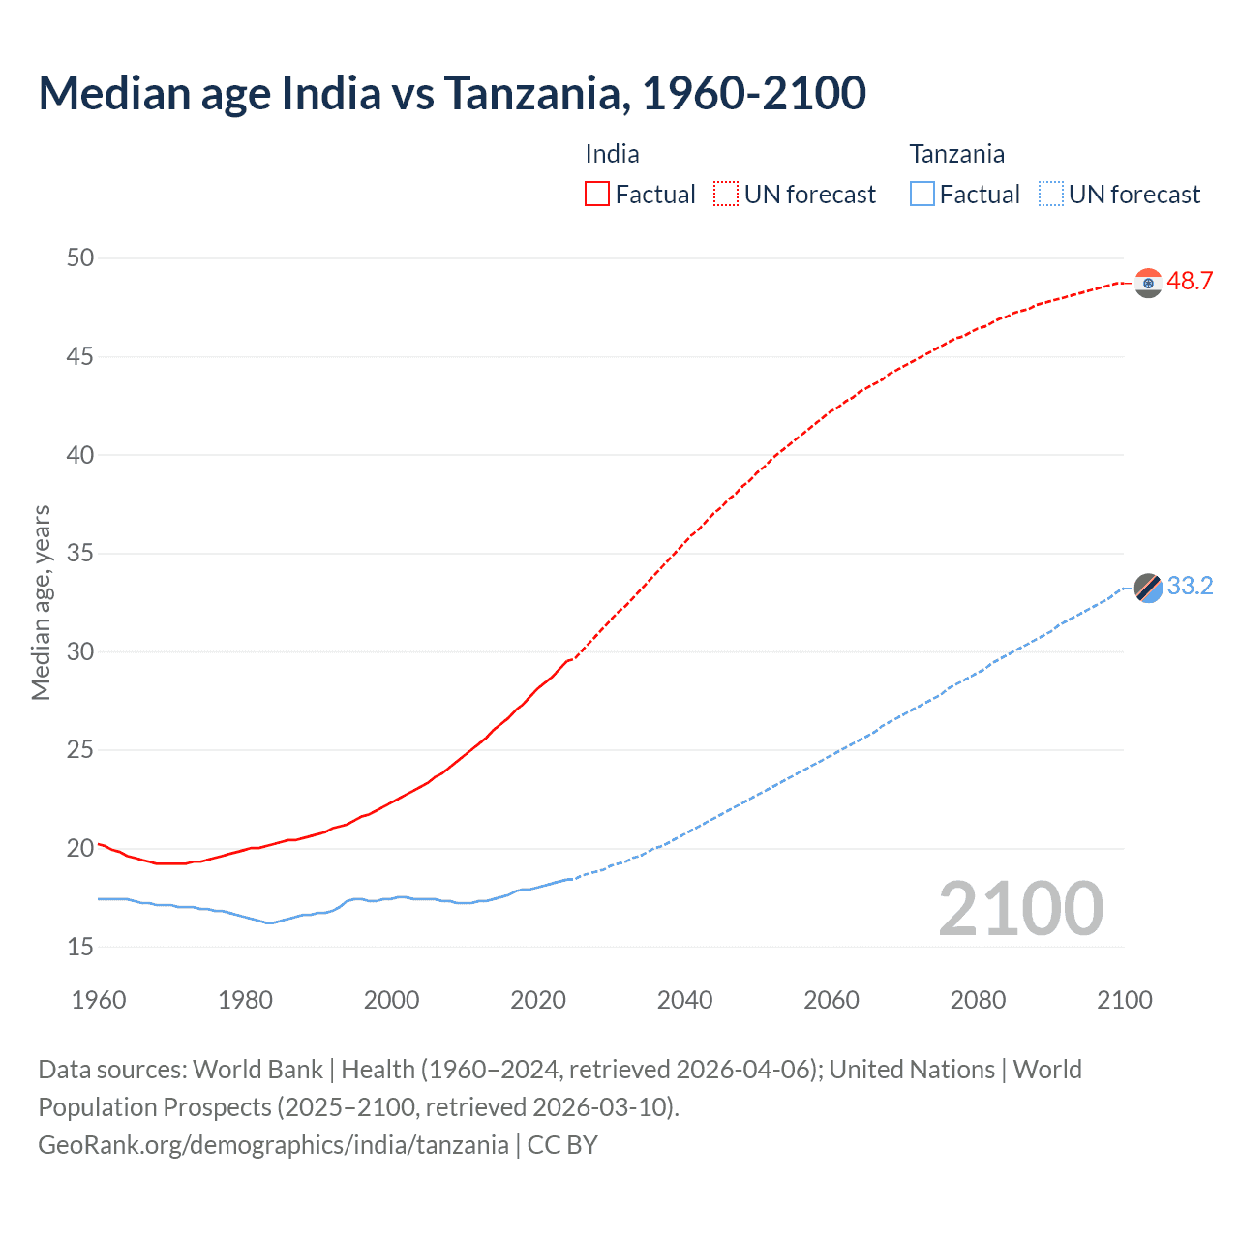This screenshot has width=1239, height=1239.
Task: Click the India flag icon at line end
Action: click(1148, 283)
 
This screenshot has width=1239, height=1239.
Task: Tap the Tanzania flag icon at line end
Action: click(1148, 588)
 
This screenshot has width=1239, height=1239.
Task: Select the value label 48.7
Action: click(1190, 282)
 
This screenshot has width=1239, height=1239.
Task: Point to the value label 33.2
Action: click(1190, 587)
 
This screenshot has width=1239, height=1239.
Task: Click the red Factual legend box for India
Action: click(597, 194)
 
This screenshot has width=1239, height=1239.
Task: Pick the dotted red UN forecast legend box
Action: click(726, 194)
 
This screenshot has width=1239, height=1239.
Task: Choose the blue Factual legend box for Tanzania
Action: click(922, 194)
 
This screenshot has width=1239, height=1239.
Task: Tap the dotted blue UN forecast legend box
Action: click(1051, 194)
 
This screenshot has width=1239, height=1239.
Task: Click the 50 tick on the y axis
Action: click(80, 257)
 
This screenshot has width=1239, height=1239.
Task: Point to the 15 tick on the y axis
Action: click(80, 947)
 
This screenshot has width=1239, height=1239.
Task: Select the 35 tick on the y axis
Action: click(80, 554)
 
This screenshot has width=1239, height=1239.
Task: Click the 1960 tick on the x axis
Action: click(99, 1000)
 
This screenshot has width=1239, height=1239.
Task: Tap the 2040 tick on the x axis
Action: click(684, 1000)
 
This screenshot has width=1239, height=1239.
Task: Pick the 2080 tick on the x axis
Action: click(978, 1000)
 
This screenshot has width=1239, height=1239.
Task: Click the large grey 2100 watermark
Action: click(1020, 908)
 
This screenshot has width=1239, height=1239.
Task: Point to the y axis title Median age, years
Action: click(41, 602)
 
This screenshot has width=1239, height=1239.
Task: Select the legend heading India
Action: click(612, 154)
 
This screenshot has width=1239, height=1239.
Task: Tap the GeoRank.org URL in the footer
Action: click(273, 1145)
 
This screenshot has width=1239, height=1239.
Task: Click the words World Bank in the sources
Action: click(257, 1070)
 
